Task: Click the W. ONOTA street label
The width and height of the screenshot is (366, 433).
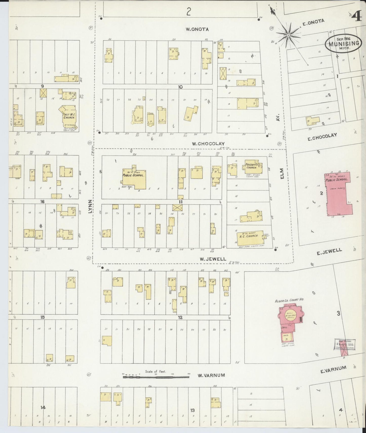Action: pyautogui.click(x=197, y=29)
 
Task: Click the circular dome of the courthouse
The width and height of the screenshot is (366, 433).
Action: pyautogui.click(x=290, y=315)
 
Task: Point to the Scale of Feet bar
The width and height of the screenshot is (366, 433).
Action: pyautogui.click(x=156, y=377)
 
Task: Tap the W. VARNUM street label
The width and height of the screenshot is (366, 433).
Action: pyautogui.click(x=211, y=375)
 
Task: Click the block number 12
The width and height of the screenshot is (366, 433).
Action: pyautogui.click(x=180, y=317)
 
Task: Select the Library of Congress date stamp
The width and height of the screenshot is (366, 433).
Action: pyautogui.click(x=345, y=345)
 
